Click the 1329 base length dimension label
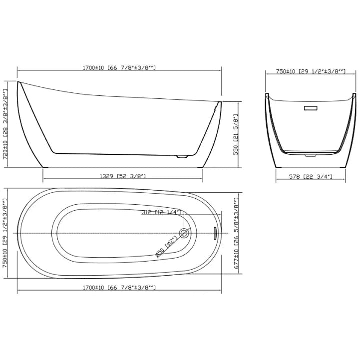(123, 176)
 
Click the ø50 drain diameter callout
(165, 247)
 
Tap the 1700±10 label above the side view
(120, 68)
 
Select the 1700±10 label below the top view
(120, 288)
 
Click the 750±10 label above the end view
(311, 72)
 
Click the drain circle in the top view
(184, 233)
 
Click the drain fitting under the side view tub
(182, 157)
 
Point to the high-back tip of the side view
(18, 82)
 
